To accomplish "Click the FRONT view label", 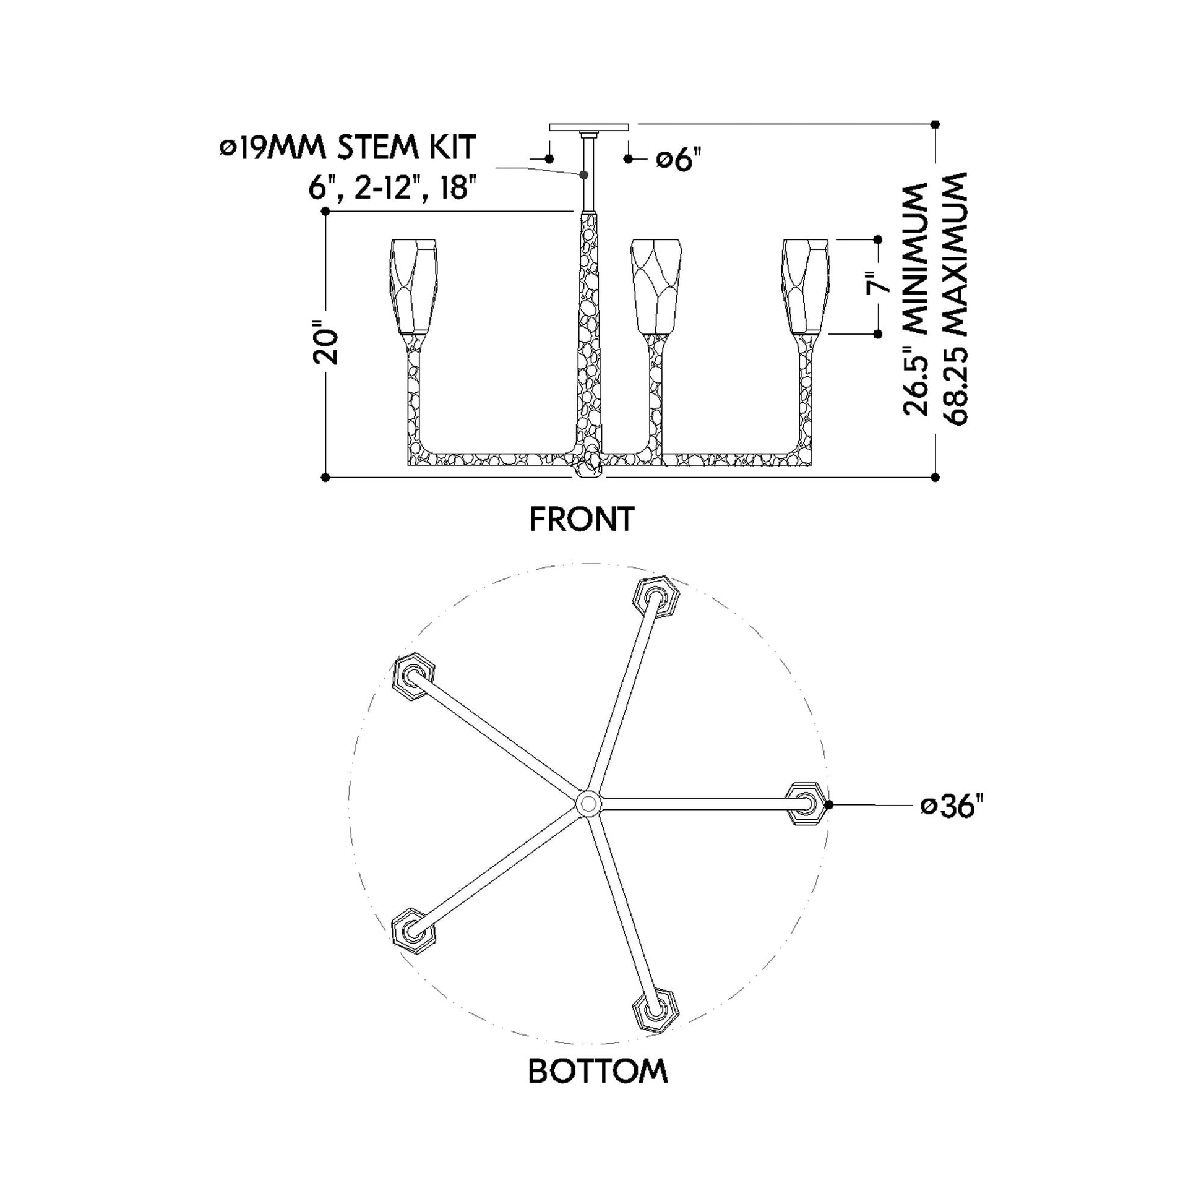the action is (x=582, y=519).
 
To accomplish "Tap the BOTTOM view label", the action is (x=598, y=1071).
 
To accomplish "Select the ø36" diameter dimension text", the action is (x=952, y=806).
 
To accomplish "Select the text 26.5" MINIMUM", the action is (x=915, y=299).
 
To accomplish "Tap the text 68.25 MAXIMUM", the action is (x=955, y=298).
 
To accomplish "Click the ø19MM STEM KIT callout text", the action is (x=348, y=148).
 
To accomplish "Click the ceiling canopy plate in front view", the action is (x=589, y=127).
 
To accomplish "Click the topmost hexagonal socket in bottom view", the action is (x=656, y=598).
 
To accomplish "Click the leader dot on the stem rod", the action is (x=585, y=175).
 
